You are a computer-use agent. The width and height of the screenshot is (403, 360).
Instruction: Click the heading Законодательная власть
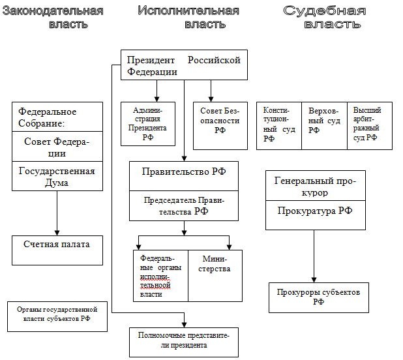tap(53, 18)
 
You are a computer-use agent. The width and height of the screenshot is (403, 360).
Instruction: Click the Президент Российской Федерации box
tap(184, 65)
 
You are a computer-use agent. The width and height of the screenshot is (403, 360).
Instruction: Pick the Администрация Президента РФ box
tap(148, 123)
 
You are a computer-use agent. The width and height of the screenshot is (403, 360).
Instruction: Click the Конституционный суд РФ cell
tap(279, 125)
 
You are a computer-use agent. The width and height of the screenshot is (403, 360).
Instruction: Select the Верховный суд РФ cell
tap(324, 125)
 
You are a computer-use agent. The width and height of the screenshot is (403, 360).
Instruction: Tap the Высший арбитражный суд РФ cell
tap(369, 125)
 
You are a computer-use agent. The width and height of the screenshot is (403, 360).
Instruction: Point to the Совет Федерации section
tap(57, 147)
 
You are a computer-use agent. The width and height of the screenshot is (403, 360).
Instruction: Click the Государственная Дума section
tap(57, 176)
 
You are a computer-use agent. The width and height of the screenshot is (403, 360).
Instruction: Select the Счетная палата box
tap(57, 250)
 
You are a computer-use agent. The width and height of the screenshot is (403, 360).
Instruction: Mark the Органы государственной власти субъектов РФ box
tap(56, 316)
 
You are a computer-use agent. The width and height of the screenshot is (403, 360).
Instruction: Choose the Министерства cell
tap(215, 275)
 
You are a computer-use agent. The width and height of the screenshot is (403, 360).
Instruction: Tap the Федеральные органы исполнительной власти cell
tap(160, 275)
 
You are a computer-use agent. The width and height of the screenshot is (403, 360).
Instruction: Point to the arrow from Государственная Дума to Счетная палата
tap(57, 213)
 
